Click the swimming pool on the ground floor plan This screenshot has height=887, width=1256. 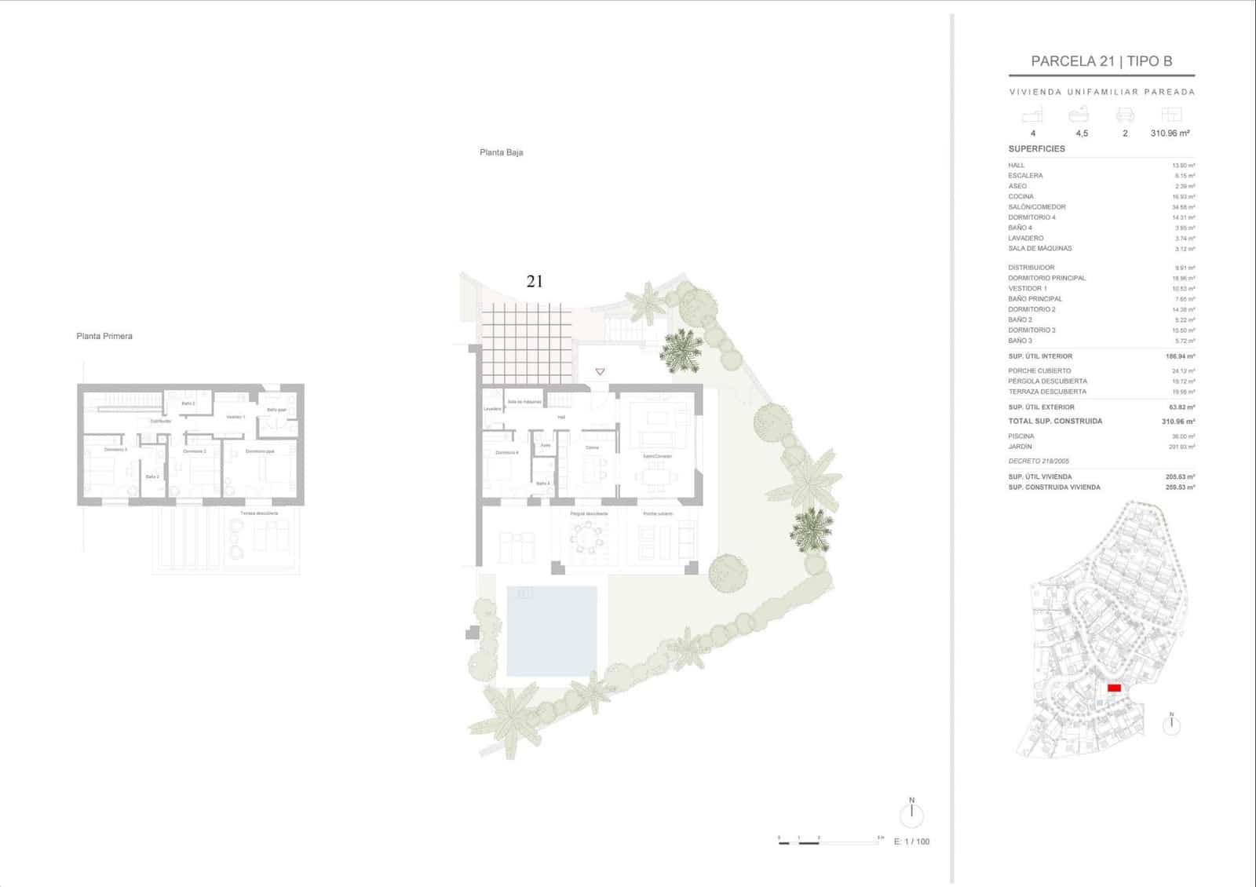tap(551, 630)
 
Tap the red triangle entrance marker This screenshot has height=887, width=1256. tap(600, 371)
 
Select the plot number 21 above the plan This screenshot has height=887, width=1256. tap(535, 281)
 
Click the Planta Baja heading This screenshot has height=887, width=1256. tap(501, 152)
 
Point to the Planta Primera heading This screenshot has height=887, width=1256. tap(104, 336)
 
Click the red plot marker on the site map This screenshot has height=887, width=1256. tap(1113, 688)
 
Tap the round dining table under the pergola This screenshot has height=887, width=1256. tap(587, 538)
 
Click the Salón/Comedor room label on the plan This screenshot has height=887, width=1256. tap(657, 456)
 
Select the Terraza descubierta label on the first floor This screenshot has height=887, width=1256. tap(259, 513)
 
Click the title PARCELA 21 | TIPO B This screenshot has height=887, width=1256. tap(1101, 61)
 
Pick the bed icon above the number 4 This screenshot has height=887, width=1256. tap(1032, 116)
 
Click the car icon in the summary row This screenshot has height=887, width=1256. tap(1125, 115)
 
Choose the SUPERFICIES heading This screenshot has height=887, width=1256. tap(1036, 148)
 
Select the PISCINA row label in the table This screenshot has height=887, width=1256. tap(1021, 436)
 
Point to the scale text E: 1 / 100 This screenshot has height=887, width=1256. tap(911, 841)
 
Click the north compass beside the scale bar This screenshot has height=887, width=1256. tap(911, 814)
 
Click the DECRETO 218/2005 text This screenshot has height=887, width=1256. tap(1038, 462)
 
